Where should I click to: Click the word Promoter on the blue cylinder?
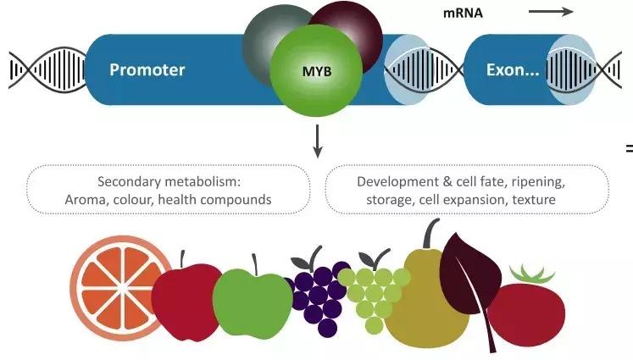click(147, 69)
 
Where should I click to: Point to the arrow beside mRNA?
click(551, 13)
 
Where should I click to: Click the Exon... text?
click(512, 69)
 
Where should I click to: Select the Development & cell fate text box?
click(467, 190)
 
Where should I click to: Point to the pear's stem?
click(431, 232)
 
